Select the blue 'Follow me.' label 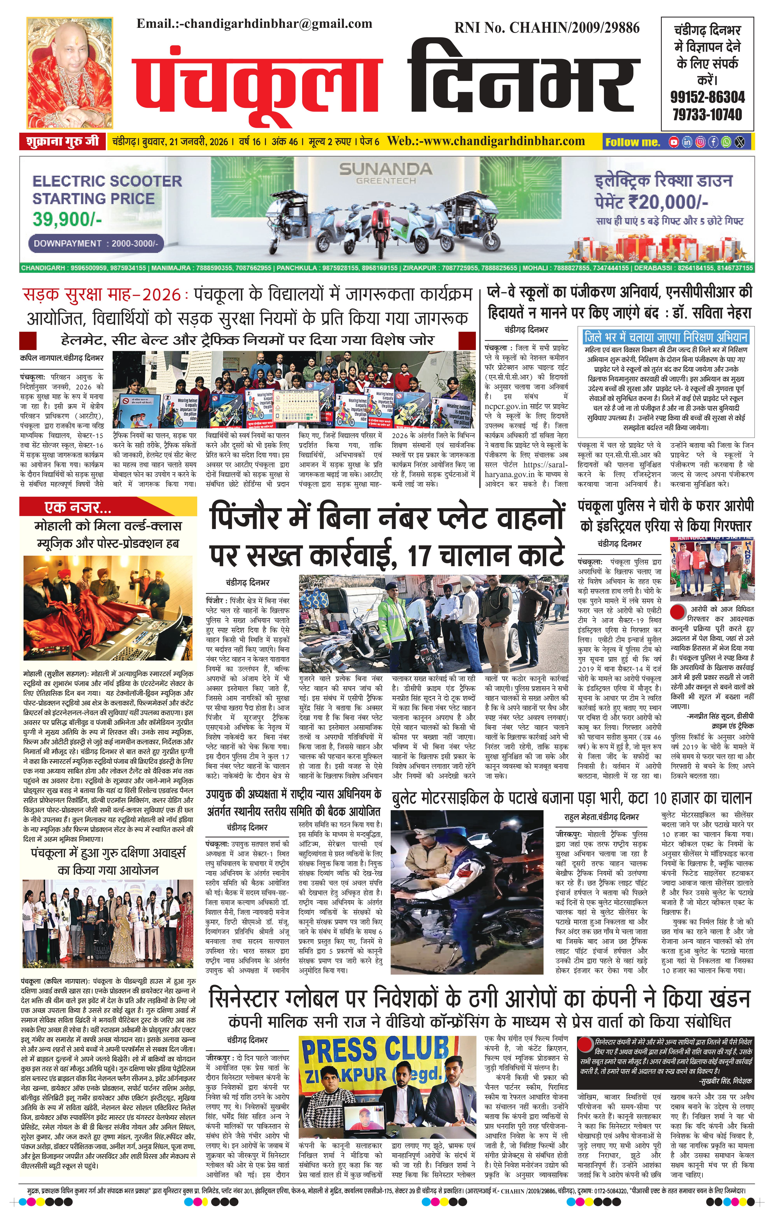tap(633, 142)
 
